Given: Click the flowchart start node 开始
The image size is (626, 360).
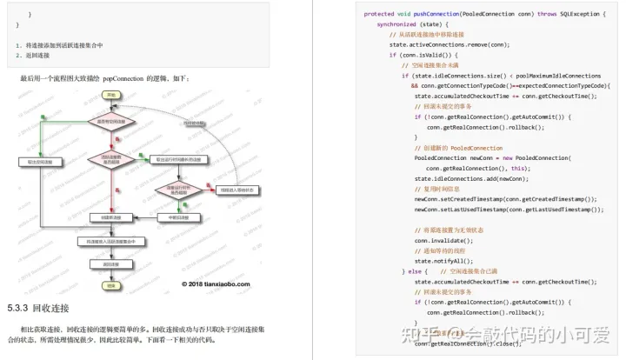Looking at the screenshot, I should coord(110,94).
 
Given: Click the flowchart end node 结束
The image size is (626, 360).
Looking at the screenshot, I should coord(110,284).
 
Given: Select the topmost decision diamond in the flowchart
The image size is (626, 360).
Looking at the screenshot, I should coord(110,123).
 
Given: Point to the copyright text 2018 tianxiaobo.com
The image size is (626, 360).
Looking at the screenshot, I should coord(216,283).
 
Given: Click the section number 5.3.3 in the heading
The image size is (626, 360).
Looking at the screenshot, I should coord(17,308).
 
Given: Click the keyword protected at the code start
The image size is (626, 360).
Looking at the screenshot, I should coord(379,14).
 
